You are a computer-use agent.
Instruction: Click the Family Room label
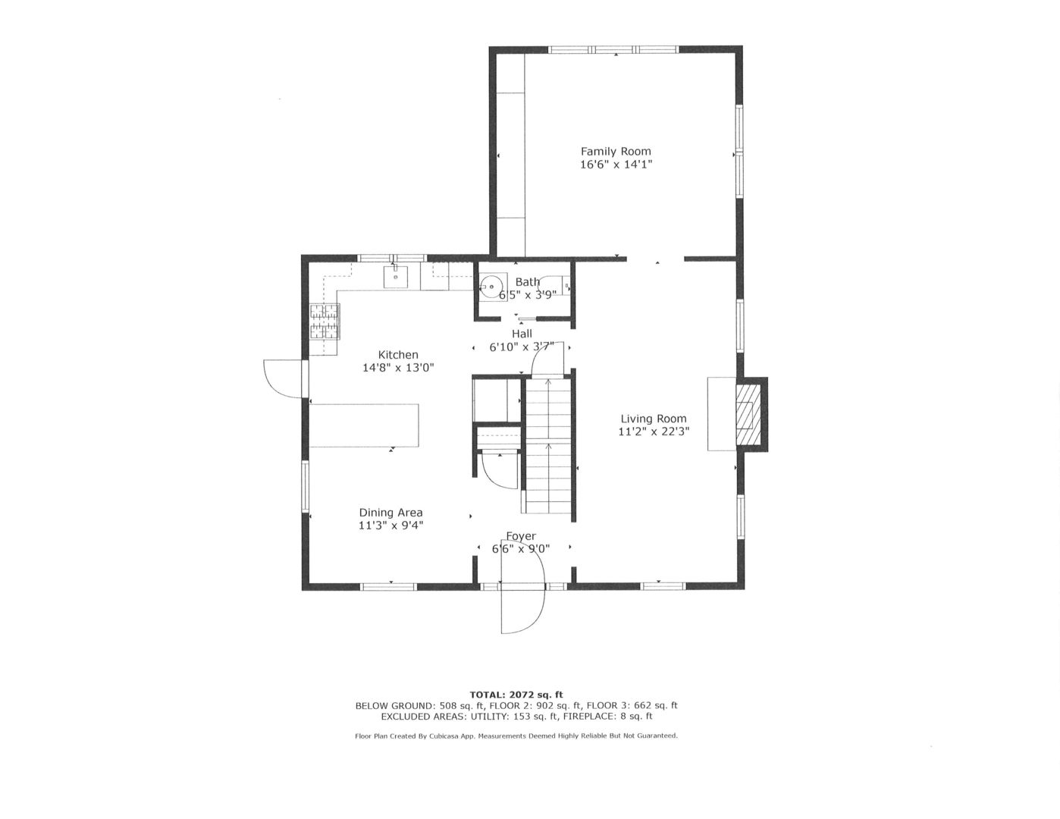click(615, 151)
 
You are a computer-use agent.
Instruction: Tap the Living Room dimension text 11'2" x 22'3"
click(653, 431)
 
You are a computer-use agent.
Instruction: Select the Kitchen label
click(398, 354)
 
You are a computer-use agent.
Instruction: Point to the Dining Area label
click(390, 512)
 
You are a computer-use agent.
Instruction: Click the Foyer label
click(521, 536)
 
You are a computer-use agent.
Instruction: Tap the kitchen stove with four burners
click(325, 321)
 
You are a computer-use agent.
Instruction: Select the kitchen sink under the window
click(396, 277)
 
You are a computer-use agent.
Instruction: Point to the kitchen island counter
click(365, 425)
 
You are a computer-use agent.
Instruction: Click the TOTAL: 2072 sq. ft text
click(516, 694)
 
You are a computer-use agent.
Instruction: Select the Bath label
click(527, 282)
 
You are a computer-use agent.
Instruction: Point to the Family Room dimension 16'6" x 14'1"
click(616, 164)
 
